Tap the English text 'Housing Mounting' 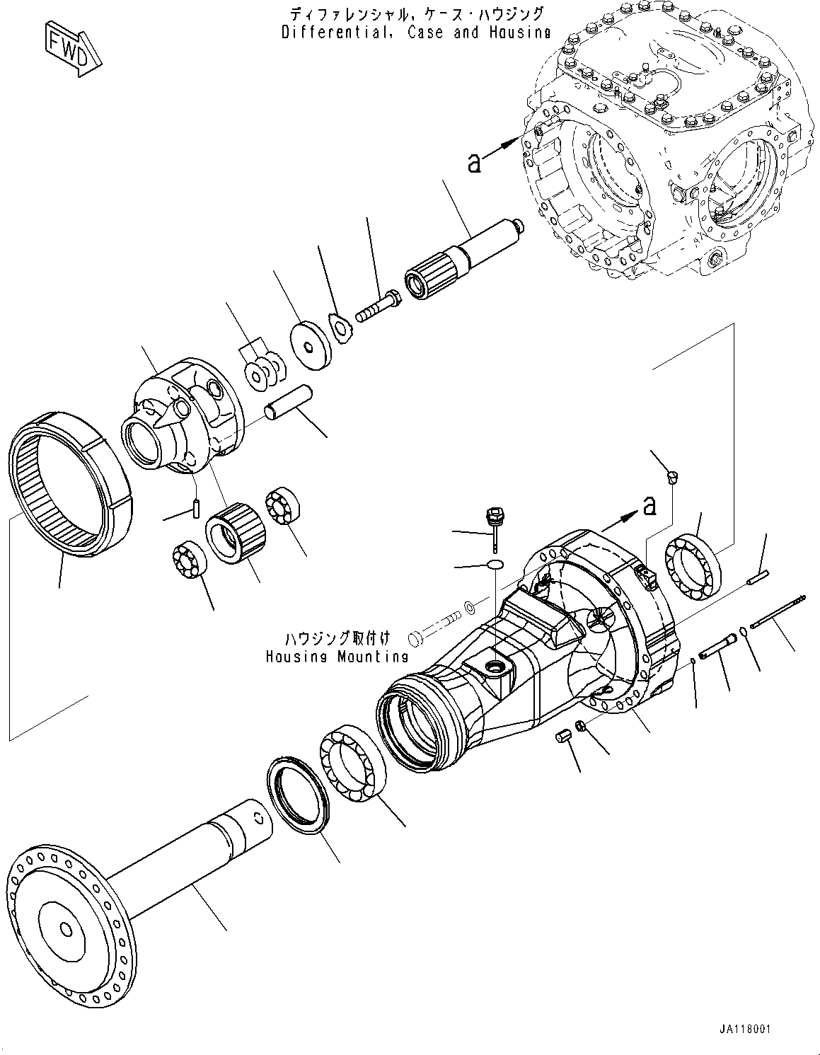click(x=337, y=657)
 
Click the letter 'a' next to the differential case click(x=474, y=163)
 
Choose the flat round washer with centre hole click(x=311, y=345)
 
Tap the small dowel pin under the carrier click(x=197, y=509)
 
